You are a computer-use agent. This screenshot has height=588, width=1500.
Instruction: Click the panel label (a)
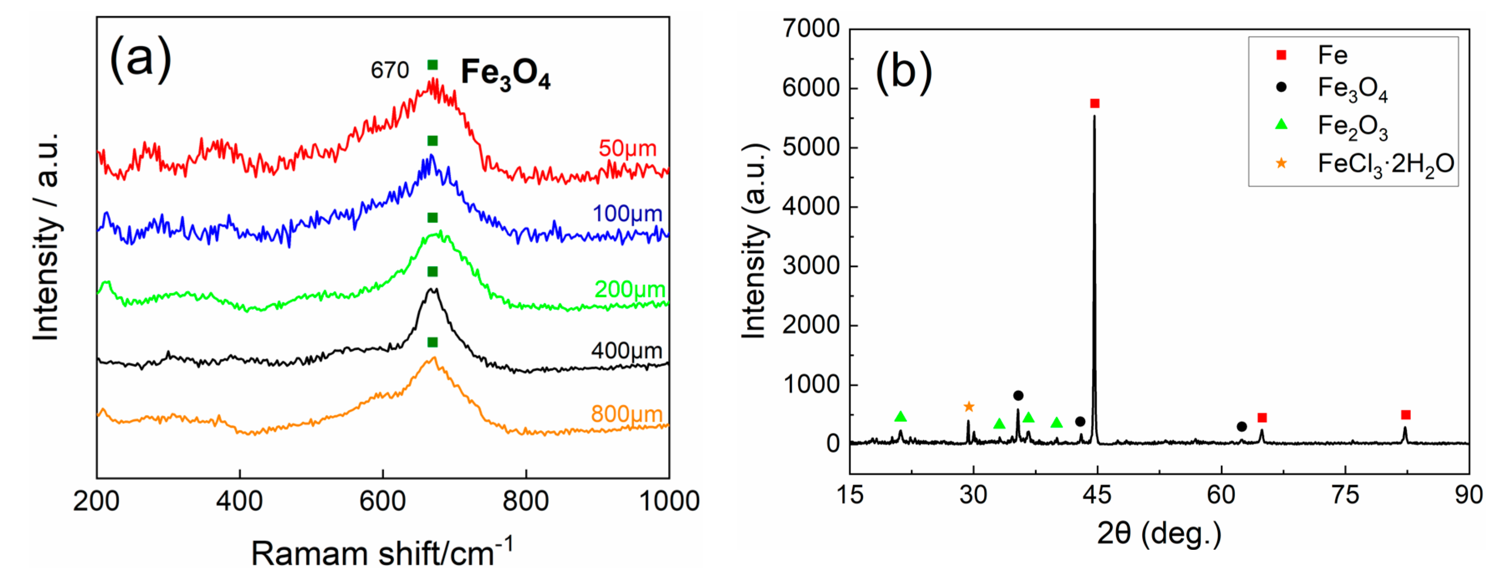click(141, 59)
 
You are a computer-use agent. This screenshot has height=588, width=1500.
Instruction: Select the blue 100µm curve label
click(627, 214)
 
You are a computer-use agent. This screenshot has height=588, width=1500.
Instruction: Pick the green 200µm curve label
click(629, 289)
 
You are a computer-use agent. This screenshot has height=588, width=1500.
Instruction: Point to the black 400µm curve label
click(626, 351)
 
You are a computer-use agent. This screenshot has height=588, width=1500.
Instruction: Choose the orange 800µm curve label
click(626, 414)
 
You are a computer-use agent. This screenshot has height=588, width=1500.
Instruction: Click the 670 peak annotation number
click(390, 71)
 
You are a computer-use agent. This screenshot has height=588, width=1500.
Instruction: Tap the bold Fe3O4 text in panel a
click(505, 74)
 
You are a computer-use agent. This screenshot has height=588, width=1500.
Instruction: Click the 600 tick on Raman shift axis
click(383, 501)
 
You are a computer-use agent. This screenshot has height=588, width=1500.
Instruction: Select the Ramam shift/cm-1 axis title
click(382, 552)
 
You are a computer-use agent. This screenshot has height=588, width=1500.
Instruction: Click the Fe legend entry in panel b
click(1332, 55)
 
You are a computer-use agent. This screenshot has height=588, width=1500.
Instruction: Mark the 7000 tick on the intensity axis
click(811, 29)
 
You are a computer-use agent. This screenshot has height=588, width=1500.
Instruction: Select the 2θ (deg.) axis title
click(1159, 533)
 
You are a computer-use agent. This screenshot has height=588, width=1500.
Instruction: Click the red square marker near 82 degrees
click(1406, 415)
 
